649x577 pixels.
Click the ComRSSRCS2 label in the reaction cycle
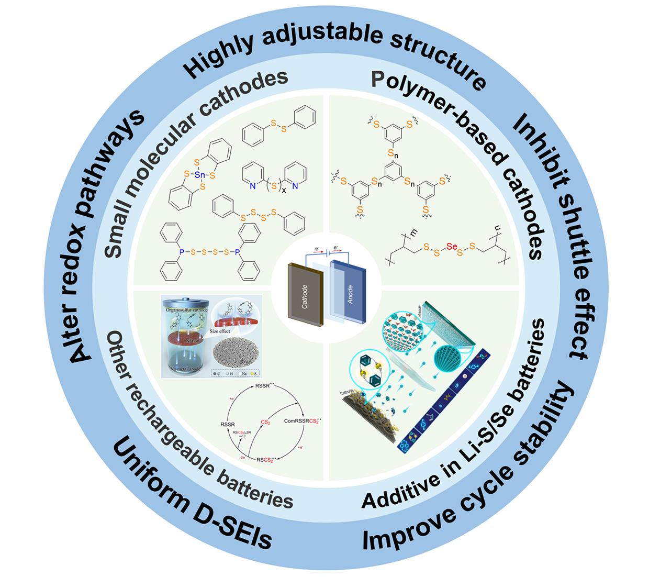(302, 420)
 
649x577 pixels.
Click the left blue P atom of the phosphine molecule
(182, 252)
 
